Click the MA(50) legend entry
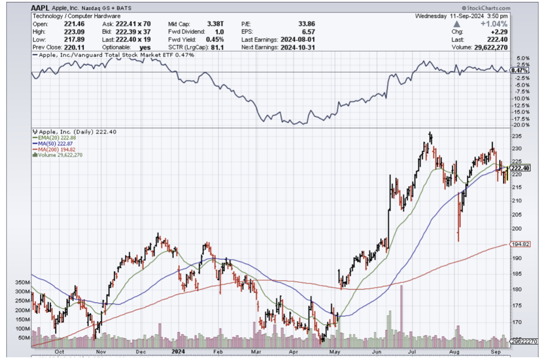tap(50, 143)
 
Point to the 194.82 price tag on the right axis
tap(520, 244)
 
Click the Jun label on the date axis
tap(377, 352)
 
